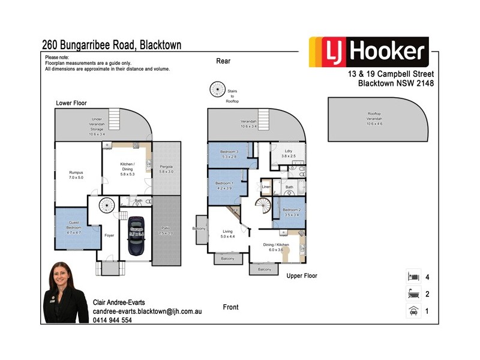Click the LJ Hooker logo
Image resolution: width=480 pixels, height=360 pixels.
368,52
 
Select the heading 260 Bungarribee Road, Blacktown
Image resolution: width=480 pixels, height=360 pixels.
112,45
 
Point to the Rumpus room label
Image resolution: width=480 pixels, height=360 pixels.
76,175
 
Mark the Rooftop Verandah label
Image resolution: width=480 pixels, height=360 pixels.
378,117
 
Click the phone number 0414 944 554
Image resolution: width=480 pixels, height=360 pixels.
113,320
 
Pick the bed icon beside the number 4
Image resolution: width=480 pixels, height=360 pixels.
413,277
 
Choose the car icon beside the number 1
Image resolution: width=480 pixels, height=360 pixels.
413,311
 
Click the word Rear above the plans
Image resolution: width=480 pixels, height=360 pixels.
223,61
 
